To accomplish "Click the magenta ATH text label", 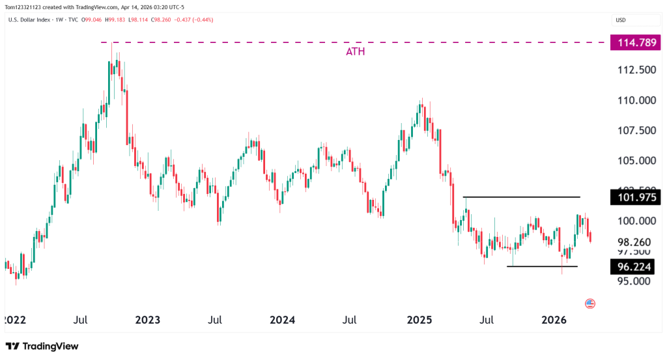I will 355,51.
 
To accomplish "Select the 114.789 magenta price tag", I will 635,43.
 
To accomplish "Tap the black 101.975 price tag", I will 635,197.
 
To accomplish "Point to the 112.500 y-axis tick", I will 635,70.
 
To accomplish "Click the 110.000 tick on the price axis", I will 635,100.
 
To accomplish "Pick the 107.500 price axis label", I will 635,130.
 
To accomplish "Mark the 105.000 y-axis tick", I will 635,161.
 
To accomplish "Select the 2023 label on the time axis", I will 148,320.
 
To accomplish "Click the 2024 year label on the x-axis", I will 283,320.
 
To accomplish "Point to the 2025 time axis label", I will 419,320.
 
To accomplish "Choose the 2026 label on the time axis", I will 554,320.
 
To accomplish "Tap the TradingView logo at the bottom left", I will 42,346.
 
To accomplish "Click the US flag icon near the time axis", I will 590,303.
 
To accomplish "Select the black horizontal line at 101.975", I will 521,197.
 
